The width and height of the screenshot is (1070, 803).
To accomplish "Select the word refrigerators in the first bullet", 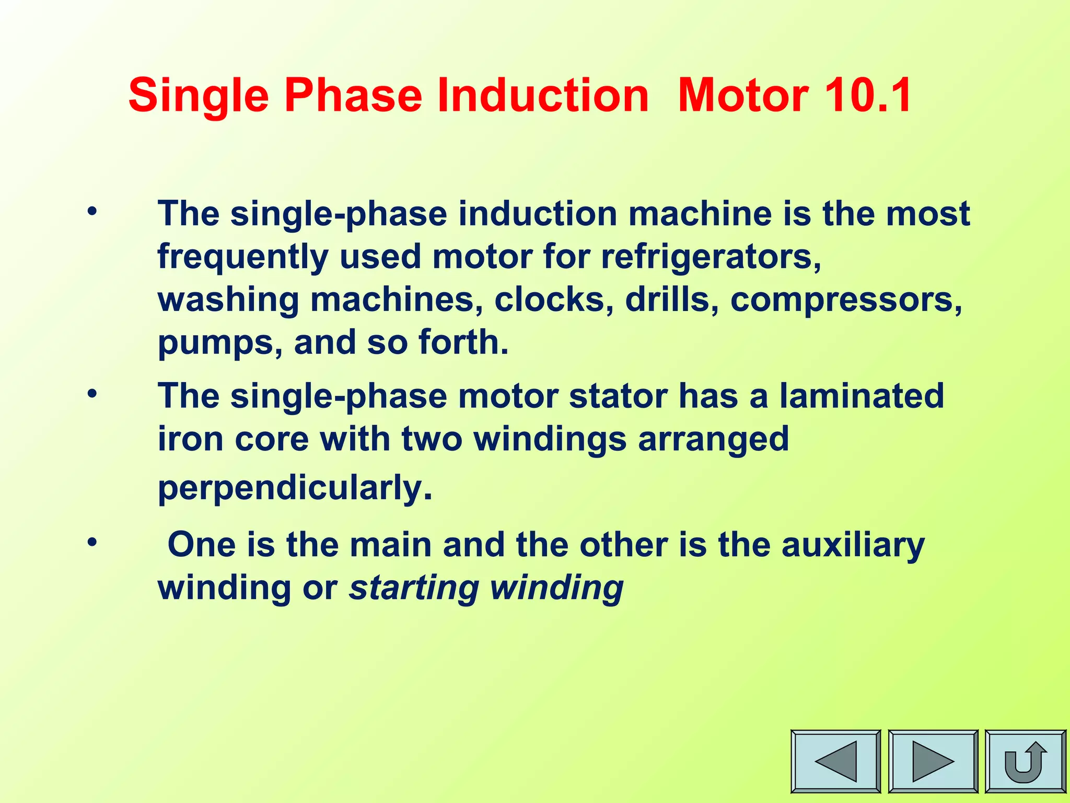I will [x=711, y=257].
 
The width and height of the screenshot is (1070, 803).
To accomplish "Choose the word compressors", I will [x=845, y=300].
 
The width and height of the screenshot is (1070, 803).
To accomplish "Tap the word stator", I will [x=618, y=396].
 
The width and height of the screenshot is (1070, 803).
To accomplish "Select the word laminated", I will [x=862, y=396].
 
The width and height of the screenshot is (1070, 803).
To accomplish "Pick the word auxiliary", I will [x=853, y=545].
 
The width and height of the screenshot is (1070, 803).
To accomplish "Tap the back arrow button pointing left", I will [x=835, y=761].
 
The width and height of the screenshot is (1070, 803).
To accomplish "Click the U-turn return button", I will [x=1025, y=761].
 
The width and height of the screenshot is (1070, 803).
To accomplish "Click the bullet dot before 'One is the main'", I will [x=92, y=542].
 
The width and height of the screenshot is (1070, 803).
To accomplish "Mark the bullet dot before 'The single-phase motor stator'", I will [x=92, y=393].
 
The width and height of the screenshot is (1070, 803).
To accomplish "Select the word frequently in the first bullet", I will [x=243, y=257].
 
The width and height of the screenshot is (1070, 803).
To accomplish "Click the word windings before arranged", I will [x=550, y=439].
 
